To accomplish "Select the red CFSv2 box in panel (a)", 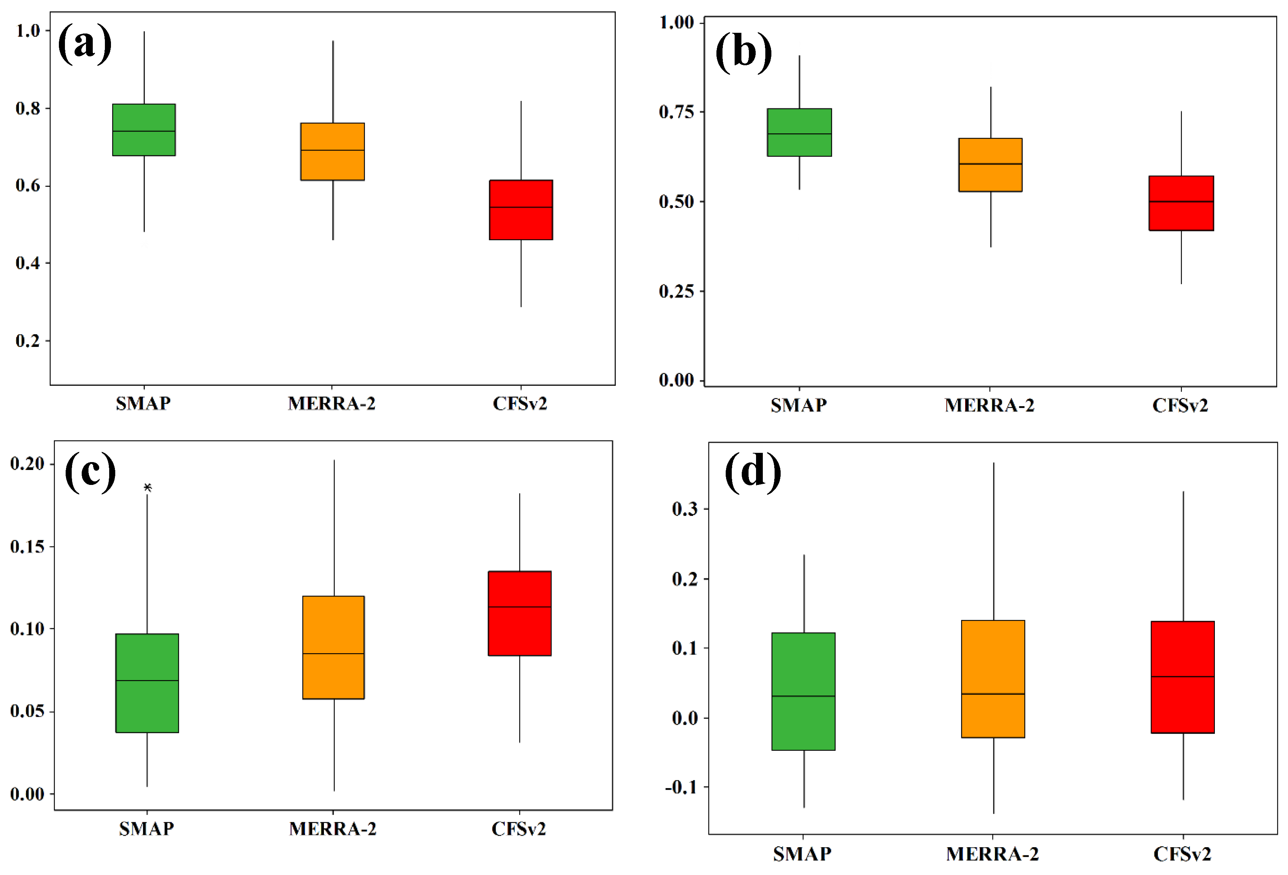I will pos(521,210).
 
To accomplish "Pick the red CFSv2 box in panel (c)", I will pos(519,613).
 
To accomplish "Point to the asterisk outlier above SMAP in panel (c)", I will pos(147,487).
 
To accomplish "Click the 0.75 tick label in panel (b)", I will pos(676,112).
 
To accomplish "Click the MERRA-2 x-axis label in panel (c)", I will pos(333,829).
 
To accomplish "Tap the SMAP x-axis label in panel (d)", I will pos(802,854).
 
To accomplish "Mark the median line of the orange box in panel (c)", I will pos(333,654).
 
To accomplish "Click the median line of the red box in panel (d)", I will pos(1183,677).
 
